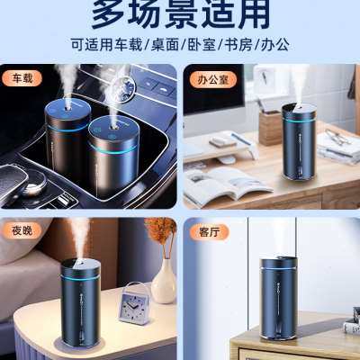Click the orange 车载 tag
(x=22, y=78)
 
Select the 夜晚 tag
(x=22, y=230)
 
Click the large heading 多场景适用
(x=179, y=15)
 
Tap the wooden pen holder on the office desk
(x=270, y=126)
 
